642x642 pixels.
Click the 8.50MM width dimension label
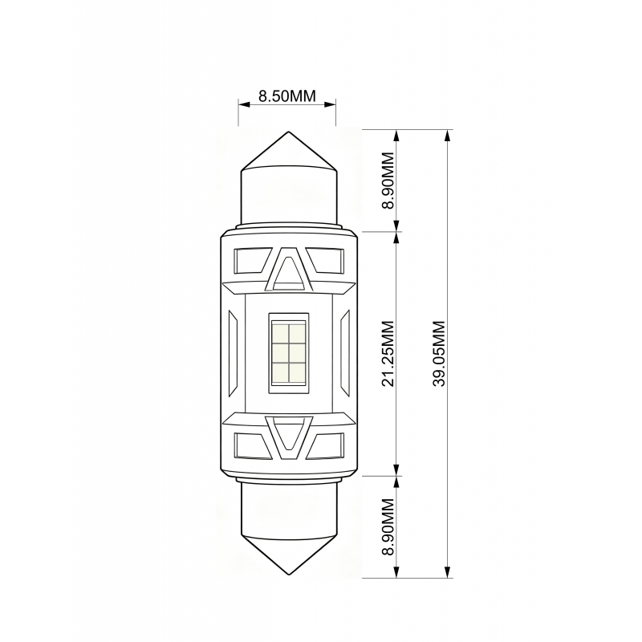pos(287,95)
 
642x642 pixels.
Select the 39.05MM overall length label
pos(439,354)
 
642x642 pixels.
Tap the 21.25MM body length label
pos(388,354)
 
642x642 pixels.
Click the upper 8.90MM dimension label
pos(388,181)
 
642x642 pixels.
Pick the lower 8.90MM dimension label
pos(388,526)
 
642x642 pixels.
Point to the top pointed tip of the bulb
pos(289,132)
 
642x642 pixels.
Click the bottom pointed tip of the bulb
pos(289,575)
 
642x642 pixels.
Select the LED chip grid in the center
pos(289,353)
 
